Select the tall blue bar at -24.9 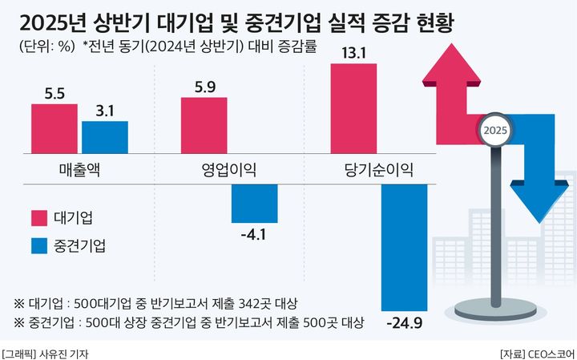click(x=404, y=247)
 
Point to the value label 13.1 click(x=353, y=52)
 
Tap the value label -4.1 click(x=253, y=236)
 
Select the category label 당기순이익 click(x=377, y=169)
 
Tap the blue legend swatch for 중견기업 click(x=38, y=245)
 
